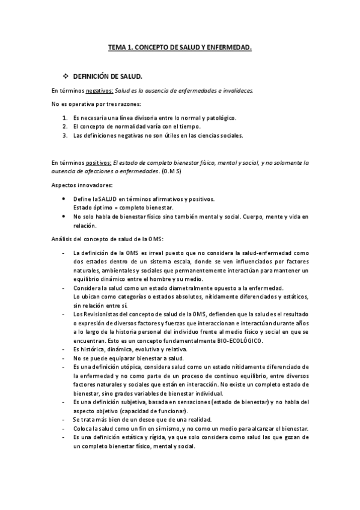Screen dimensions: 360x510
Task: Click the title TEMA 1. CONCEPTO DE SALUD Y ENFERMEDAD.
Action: coord(180,46)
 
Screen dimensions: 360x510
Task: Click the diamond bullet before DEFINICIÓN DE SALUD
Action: coord(66,76)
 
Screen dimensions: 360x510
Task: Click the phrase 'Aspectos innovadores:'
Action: coord(78,186)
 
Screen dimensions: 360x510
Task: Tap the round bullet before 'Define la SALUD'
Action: coord(64,198)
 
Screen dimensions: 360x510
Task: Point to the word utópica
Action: coord(129,366)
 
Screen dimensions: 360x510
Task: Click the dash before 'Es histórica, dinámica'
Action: coord(63,349)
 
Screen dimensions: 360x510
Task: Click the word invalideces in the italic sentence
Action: coord(238,91)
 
